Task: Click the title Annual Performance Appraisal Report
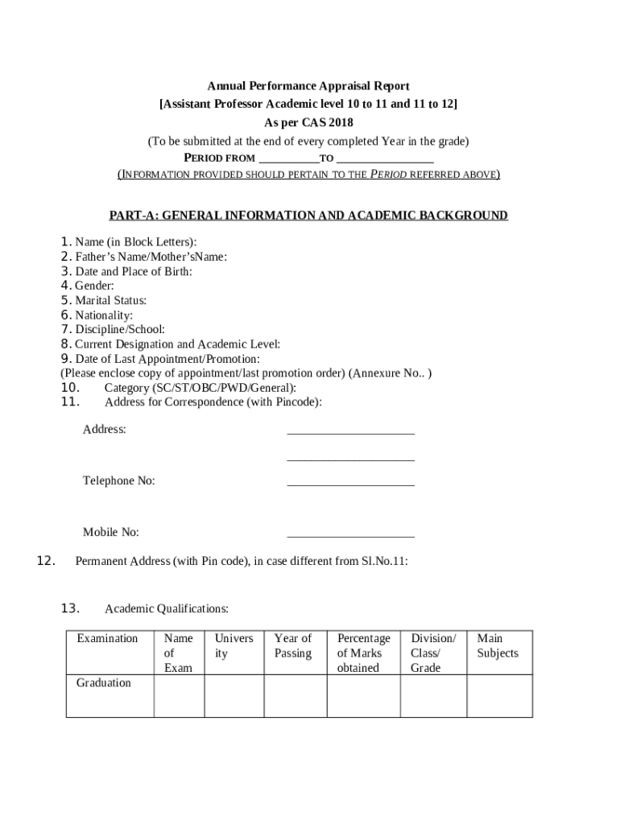click(x=308, y=86)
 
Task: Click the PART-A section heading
click(x=308, y=216)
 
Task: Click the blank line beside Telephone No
click(x=350, y=484)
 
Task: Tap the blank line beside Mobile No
click(x=350, y=535)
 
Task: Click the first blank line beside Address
click(x=350, y=433)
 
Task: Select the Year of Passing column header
click(x=293, y=645)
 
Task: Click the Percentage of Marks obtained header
click(x=363, y=653)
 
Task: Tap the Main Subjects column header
click(x=498, y=645)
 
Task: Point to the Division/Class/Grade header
click(x=432, y=653)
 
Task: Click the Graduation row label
click(x=103, y=683)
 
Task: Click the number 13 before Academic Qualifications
click(x=68, y=608)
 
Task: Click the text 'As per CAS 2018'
click(x=308, y=123)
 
